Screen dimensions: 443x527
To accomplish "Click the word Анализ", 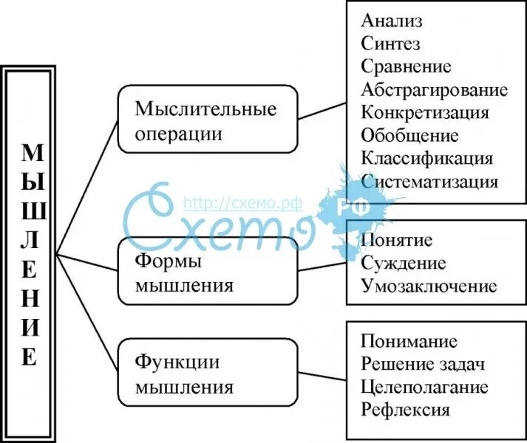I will pos(392,21).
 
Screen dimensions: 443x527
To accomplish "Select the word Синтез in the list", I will pos(391,44).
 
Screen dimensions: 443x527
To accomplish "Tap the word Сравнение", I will pos(406,66).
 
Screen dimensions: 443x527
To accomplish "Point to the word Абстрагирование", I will pos(435,90).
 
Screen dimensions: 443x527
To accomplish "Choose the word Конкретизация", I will pos(425,112).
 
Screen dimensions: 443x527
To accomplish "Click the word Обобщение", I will pos(409,135).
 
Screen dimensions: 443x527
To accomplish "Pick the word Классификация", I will pos(427,158).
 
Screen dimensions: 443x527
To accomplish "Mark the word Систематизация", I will pos(430,181).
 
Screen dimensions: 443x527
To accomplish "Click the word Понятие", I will pos(397,241).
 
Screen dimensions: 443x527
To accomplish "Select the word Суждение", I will pos(404,264).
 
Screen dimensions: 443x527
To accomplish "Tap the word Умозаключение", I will pos(429,286).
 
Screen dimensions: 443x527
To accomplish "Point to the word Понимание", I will pos(409,342).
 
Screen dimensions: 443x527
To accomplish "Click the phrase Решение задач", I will pos(423,364).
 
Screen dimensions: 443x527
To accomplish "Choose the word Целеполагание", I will pos(424,387).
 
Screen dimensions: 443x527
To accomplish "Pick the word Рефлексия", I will pos(406,410).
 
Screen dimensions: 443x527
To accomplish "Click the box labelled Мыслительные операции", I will pos(208,119).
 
